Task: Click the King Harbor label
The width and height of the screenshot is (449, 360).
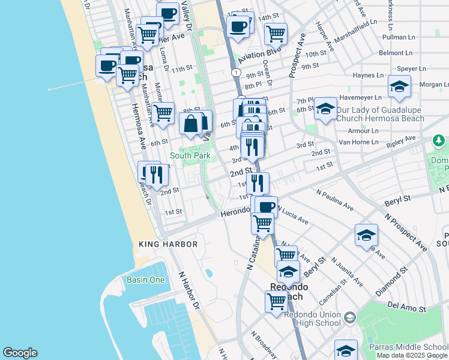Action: (168, 244)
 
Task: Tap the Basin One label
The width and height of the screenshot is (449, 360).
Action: (145, 280)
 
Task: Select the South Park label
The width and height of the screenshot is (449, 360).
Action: (190, 155)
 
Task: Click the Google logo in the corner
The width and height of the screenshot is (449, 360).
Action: (20, 353)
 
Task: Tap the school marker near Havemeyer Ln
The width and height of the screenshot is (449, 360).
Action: (399, 86)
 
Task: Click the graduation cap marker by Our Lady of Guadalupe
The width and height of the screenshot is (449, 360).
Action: (325, 109)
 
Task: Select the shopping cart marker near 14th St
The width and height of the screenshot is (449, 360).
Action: (276, 33)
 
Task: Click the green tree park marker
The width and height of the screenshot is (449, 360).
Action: (439, 141)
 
